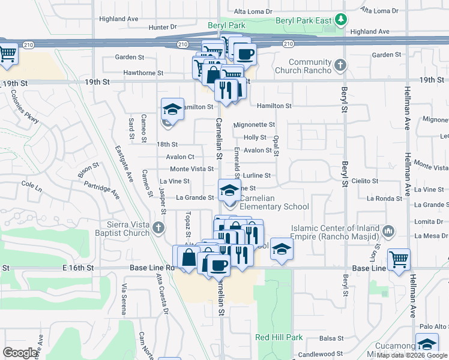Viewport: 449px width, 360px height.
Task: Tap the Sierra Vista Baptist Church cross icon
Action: click(x=158, y=227)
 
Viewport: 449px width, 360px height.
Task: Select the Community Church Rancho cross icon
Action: click(x=340, y=64)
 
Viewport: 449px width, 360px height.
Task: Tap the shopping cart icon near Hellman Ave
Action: click(x=399, y=260)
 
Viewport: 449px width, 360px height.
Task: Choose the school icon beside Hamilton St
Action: click(x=172, y=109)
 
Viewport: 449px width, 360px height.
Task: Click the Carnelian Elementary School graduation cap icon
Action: click(x=229, y=190)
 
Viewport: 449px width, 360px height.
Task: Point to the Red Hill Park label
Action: click(x=279, y=338)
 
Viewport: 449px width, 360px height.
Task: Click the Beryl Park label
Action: click(x=226, y=26)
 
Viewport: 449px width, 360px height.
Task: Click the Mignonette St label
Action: click(x=254, y=125)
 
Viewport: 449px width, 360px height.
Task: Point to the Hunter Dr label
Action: click(x=162, y=27)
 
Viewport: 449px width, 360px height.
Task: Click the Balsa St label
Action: click(x=331, y=338)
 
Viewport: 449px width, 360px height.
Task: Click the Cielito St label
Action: click(x=365, y=181)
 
